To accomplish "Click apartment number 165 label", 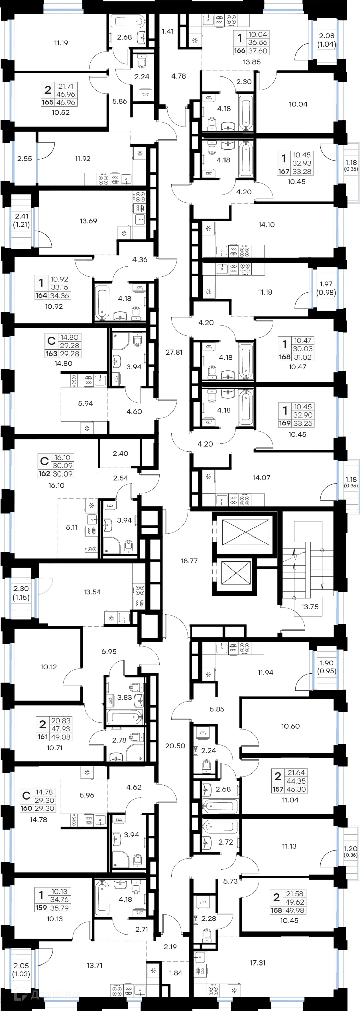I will pyautogui.click(x=48, y=102).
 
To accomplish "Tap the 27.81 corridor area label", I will pyautogui.click(x=174, y=352).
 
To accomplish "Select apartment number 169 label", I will pyautogui.click(x=284, y=423).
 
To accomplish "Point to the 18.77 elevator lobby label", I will pyautogui.click(x=189, y=561).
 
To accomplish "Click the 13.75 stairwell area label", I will pyautogui.click(x=310, y=606).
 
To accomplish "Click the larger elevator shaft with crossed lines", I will pyautogui.click(x=246, y=531).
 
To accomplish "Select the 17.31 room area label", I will pyautogui.click(x=258, y=963).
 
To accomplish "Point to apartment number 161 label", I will pyautogui.click(x=42, y=737).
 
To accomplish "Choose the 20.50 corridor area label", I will pyautogui.click(x=175, y=746).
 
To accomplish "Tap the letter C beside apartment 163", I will pyautogui.click(x=51, y=341).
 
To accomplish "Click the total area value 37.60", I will pyautogui.click(x=258, y=51).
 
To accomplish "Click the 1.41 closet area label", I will pyautogui.click(x=168, y=31).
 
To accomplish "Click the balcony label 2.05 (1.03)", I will pyautogui.click(x=21, y=970).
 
